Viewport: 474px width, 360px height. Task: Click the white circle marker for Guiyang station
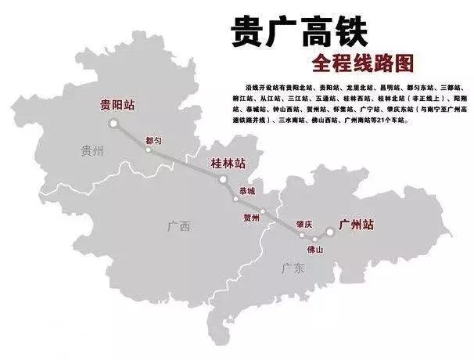(113, 122)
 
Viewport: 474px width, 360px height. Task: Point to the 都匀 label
(154, 140)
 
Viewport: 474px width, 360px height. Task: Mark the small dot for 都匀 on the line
(148, 149)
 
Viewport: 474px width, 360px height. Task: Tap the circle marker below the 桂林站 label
(223, 180)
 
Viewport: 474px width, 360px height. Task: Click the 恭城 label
(247, 191)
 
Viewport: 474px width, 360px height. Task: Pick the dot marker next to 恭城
(236, 199)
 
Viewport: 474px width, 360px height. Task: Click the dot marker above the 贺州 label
(264, 211)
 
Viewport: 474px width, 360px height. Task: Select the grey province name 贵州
(93, 151)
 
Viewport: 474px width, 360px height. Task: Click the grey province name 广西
(178, 227)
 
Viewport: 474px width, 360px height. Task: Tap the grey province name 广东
(293, 268)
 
